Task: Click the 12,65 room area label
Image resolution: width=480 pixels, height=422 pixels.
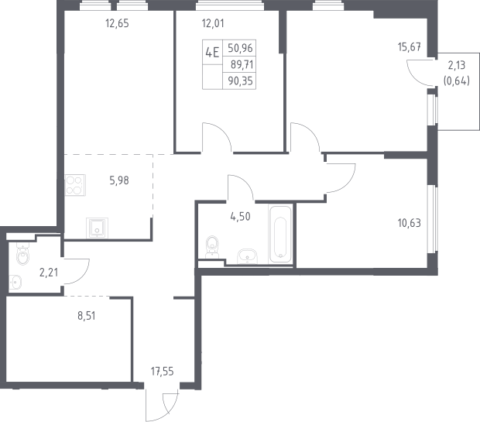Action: click(x=117, y=23)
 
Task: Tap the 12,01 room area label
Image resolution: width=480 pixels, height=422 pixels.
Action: click(x=213, y=23)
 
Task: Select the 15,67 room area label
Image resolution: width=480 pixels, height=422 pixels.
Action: click(x=410, y=47)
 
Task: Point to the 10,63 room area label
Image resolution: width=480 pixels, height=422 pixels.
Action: click(x=410, y=223)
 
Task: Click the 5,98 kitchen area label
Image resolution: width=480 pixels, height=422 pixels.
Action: click(x=119, y=180)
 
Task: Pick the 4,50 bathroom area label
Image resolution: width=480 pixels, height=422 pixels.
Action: click(x=240, y=217)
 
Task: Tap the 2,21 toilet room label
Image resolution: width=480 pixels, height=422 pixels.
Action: click(x=49, y=272)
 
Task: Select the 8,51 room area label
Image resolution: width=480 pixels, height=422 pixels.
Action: click(x=87, y=316)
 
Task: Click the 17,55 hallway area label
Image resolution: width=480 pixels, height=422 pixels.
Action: click(x=162, y=372)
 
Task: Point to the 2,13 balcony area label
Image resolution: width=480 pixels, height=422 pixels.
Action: click(x=457, y=65)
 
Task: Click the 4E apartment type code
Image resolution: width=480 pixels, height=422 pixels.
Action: click(x=212, y=53)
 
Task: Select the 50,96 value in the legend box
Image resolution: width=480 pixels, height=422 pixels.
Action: click(x=240, y=48)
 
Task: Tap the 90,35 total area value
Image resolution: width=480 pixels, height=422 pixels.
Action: click(x=240, y=81)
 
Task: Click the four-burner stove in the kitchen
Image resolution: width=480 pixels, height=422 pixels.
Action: click(x=75, y=185)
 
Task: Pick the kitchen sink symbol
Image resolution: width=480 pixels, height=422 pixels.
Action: click(x=97, y=228)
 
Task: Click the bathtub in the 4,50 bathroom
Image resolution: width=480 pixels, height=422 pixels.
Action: click(x=280, y=235)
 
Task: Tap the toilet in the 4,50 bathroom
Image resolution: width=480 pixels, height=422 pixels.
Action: click(x=212, y=246)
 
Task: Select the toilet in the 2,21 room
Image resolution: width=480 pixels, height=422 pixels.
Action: click(x=22, y=254)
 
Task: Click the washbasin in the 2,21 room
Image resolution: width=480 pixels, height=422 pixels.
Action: click(x=15, y=282)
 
